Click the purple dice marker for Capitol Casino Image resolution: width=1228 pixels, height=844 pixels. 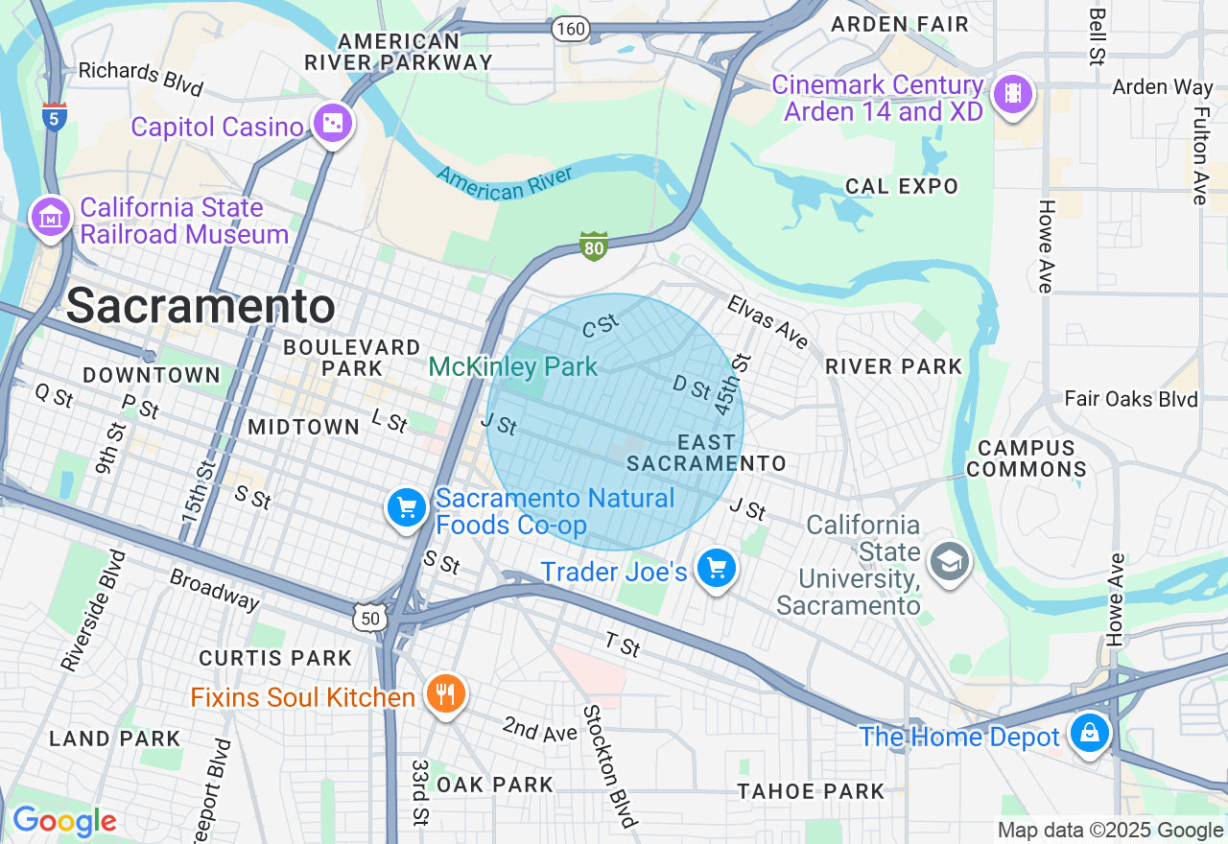tap(332, 124)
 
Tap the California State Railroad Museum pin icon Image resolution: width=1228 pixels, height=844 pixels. tap(50, 218)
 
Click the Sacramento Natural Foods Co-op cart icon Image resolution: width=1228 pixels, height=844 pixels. tap(407, 507)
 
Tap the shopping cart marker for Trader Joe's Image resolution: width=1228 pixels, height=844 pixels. tap(716, 569)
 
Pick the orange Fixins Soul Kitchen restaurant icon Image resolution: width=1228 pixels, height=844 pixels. tap(444, 693)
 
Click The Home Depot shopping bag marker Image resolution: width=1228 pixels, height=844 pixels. tap(1089, 734)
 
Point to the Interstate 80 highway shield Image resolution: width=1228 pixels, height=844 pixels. tap(594, 246)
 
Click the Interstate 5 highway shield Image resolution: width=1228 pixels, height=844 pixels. tap(55, 116)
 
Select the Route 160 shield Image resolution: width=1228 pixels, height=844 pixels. tap(570, 29)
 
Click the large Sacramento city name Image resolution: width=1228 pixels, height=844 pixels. tap(201, 307)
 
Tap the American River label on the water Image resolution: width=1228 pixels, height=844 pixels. tap(504, 182)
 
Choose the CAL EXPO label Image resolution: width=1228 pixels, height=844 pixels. tap(901, 186)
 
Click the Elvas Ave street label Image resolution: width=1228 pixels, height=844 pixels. tap(767, 321)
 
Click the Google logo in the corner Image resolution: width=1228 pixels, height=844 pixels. tap(64, 821)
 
